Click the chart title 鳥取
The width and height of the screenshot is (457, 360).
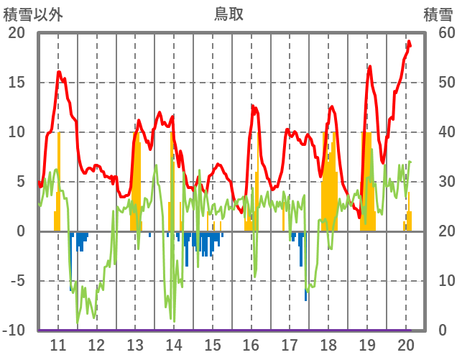point(228,14)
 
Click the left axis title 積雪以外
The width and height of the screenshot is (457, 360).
point(33,14)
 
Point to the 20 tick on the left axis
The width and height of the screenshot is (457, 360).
point(17,33)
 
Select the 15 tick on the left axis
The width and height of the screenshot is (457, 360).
point(17,83)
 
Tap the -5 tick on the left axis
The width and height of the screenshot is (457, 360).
point(17,281)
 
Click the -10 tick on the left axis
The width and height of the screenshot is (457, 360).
point(14,331)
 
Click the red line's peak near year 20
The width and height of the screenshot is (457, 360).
point(409,42)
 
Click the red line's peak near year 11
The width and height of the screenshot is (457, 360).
point(59,72)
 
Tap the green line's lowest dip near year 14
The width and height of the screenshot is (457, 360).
point(173,320)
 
